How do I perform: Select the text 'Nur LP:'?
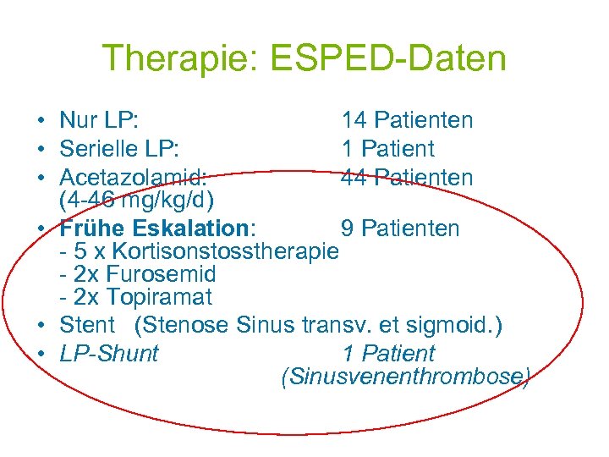tap(99, 121)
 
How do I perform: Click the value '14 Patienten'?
tap(407, 121)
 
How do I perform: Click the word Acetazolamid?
tap(131, 178)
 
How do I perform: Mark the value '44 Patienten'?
tap(407, 178)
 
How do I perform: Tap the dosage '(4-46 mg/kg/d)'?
tap(136, 201)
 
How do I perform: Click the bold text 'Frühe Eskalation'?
tap(156, 228)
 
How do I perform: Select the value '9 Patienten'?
tap(400, 228)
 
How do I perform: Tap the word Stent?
tap(87, 325)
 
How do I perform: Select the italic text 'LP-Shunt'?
tap(109, 354)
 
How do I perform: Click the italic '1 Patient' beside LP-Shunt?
tap(388, 354)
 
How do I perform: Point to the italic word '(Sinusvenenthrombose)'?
tap(405, 377)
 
